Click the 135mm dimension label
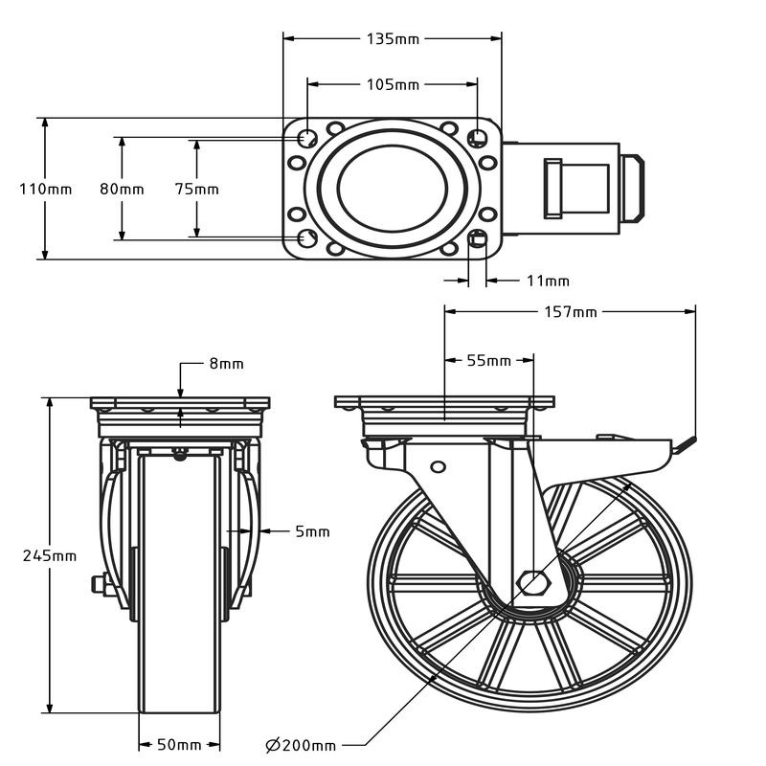393,39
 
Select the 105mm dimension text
393,84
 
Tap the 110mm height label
45,190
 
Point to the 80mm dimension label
122,190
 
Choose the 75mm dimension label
196,190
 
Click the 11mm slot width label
548,281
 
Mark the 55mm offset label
488,361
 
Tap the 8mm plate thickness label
226,364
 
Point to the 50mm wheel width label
180,744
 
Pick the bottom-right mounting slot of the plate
478,238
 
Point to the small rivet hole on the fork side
439,466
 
